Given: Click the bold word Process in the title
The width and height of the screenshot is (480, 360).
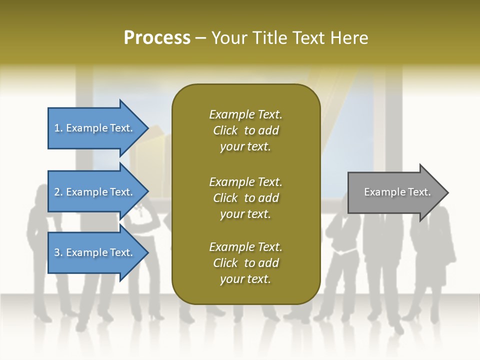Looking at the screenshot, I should pos(157,37).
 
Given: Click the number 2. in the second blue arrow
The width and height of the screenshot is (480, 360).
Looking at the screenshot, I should pos(58,192).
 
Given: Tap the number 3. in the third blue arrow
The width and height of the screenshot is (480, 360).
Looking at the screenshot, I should pos(58,252).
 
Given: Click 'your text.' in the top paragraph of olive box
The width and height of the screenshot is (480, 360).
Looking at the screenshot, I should pos(245,147).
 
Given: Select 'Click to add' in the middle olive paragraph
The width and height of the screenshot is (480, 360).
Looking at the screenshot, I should pos(245,198).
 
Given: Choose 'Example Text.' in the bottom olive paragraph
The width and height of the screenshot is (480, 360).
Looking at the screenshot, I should pos(245,247).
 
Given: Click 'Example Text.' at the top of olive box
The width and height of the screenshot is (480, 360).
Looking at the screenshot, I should pos(245,114).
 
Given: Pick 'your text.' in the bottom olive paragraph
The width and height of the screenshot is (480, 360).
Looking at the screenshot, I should pos(245,279).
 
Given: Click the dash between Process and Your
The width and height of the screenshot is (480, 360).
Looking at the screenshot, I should pos(201,38).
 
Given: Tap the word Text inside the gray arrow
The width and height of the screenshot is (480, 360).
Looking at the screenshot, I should pos(419,192).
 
